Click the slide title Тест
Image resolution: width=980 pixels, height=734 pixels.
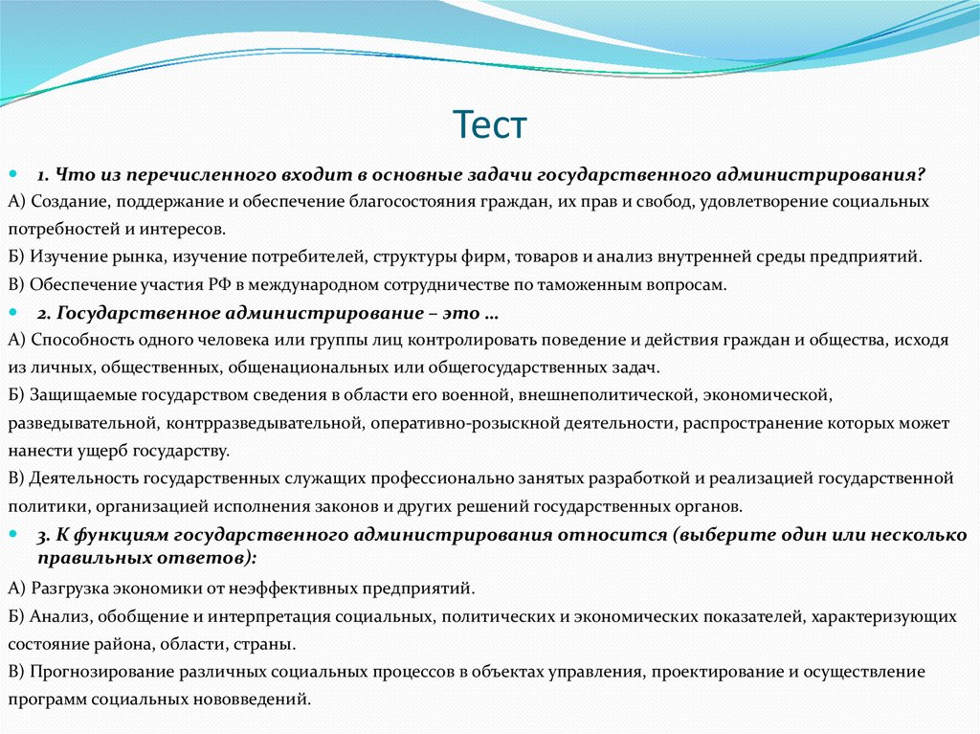(489, 125)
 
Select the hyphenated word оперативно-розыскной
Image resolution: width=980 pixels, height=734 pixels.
(454, 422)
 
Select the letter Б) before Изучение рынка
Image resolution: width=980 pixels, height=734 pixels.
(16, 256)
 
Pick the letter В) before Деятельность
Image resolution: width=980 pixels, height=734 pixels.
(16, 478)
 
